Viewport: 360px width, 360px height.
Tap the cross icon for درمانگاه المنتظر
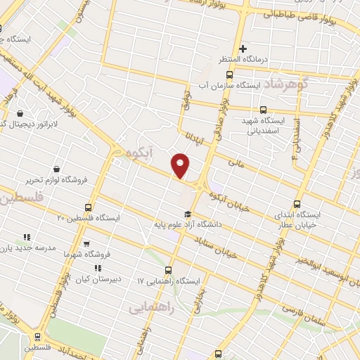pyautogui.click(x=243, y=49)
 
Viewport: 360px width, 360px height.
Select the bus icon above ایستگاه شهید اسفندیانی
pyautogui.click(x=264, y=109)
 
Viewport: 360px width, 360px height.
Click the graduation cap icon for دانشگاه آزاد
pyautogui.click(x=188, y=214)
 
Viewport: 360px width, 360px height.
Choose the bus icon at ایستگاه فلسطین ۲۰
pyautogui.click(x=88, y=207)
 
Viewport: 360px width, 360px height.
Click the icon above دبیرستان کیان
pyautogui.click(x=98, y=268)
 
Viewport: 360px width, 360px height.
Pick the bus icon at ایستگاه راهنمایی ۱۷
pyautogui.click(x=167, y=270)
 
